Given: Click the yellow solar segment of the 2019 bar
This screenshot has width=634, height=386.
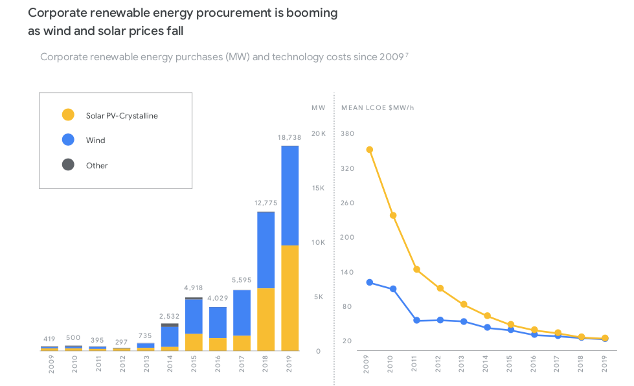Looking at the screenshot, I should pyautogui.click(x=289, y=298).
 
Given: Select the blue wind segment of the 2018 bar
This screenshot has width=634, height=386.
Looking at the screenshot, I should pyautogui.click(x=266, y=250).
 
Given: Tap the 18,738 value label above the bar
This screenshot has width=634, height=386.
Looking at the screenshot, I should pyautogui.click(x=289, y=137).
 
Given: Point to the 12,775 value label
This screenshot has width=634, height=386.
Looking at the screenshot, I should pyautogui.click(x=266, y=203).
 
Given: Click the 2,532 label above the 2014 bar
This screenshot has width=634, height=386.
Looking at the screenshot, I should pyautogui.click(x=170, y=315).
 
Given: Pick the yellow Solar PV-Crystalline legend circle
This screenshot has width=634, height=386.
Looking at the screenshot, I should pyautogui.click(x=68, y=115).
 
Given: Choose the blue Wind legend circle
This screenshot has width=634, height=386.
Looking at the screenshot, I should pyautogui.click(x=68, y=140).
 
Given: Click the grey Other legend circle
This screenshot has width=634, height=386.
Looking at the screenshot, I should pyautogui.click(x=68, y=165).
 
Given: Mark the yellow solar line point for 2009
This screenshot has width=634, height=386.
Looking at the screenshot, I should pyautogui.click(x=369, y=150).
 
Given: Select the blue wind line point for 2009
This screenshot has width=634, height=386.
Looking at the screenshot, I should pyautogui.click(x=369, y=282).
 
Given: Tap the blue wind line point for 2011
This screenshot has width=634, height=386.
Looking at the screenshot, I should pyautogui.click(x=416, y=321).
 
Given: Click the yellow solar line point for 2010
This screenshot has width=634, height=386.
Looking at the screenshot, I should pyautogui.click(x=393, y=215).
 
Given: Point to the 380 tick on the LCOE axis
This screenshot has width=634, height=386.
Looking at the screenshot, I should pyautogui.click(x=347, y=133).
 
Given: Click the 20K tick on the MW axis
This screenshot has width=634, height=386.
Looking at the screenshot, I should pyautogui.click(x=318, y=133).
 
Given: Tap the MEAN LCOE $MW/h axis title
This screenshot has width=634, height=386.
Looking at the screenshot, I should pyautogui.click(x=377, y=107).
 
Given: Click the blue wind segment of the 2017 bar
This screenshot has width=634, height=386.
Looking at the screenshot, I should pyautogui.click(x=242, y=312).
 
